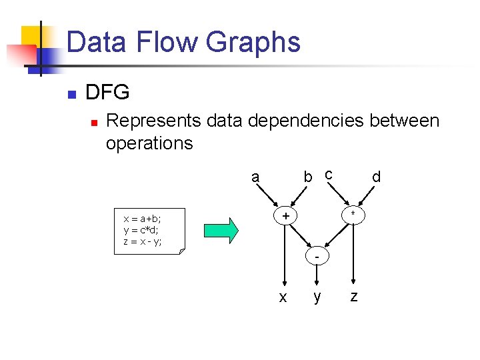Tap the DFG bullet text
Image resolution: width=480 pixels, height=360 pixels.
click(107, 93)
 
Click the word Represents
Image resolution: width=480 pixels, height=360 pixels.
click(153, 121)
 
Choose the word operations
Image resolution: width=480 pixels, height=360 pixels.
click(149, 143)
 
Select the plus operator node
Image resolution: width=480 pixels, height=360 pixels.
click(285, 216)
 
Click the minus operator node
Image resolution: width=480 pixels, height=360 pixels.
click(318, 257)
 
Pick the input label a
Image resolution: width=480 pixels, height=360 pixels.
click(255, 177)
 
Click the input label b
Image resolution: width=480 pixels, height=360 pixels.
click(307, 177)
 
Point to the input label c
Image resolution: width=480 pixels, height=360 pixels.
click(328, 175)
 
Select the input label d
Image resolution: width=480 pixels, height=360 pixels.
click(376, 177)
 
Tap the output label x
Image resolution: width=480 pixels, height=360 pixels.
click(283, 297)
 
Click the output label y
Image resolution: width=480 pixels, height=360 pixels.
click(317, 297)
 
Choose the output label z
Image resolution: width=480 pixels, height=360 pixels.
click(354, 297)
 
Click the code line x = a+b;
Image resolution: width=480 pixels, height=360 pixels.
click(142, 218)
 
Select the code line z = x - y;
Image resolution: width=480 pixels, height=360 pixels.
click(142, 241)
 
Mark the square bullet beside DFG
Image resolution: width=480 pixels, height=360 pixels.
click(72, 93)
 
